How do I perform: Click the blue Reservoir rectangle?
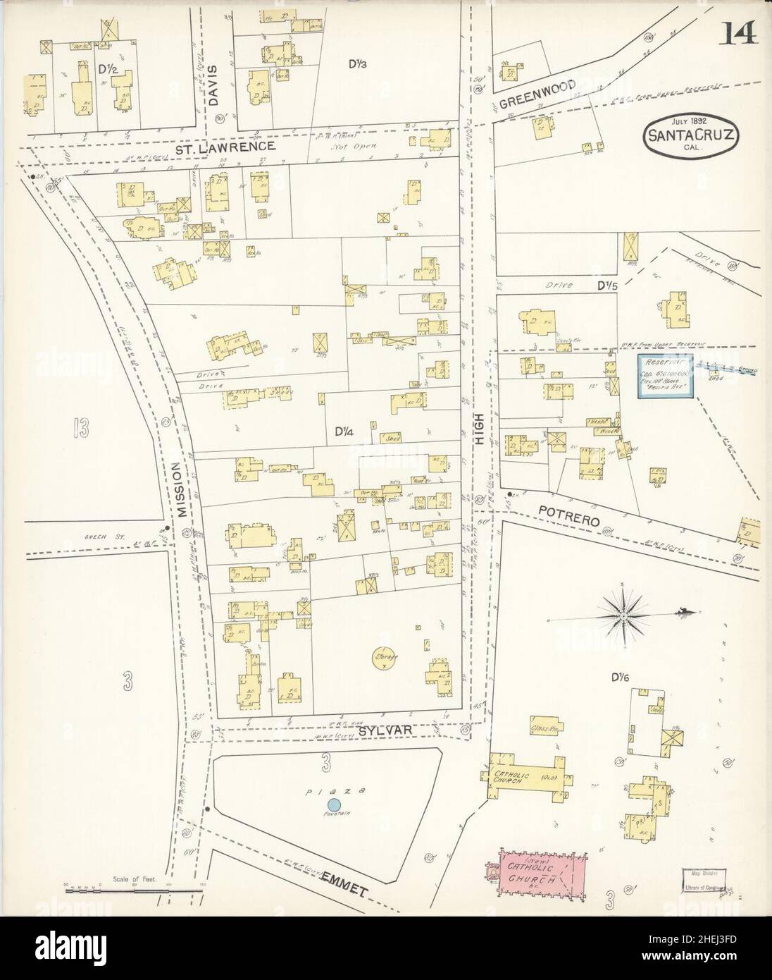[666, 376]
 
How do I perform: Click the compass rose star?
[623, 615]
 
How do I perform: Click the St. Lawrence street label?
[225, 147]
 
